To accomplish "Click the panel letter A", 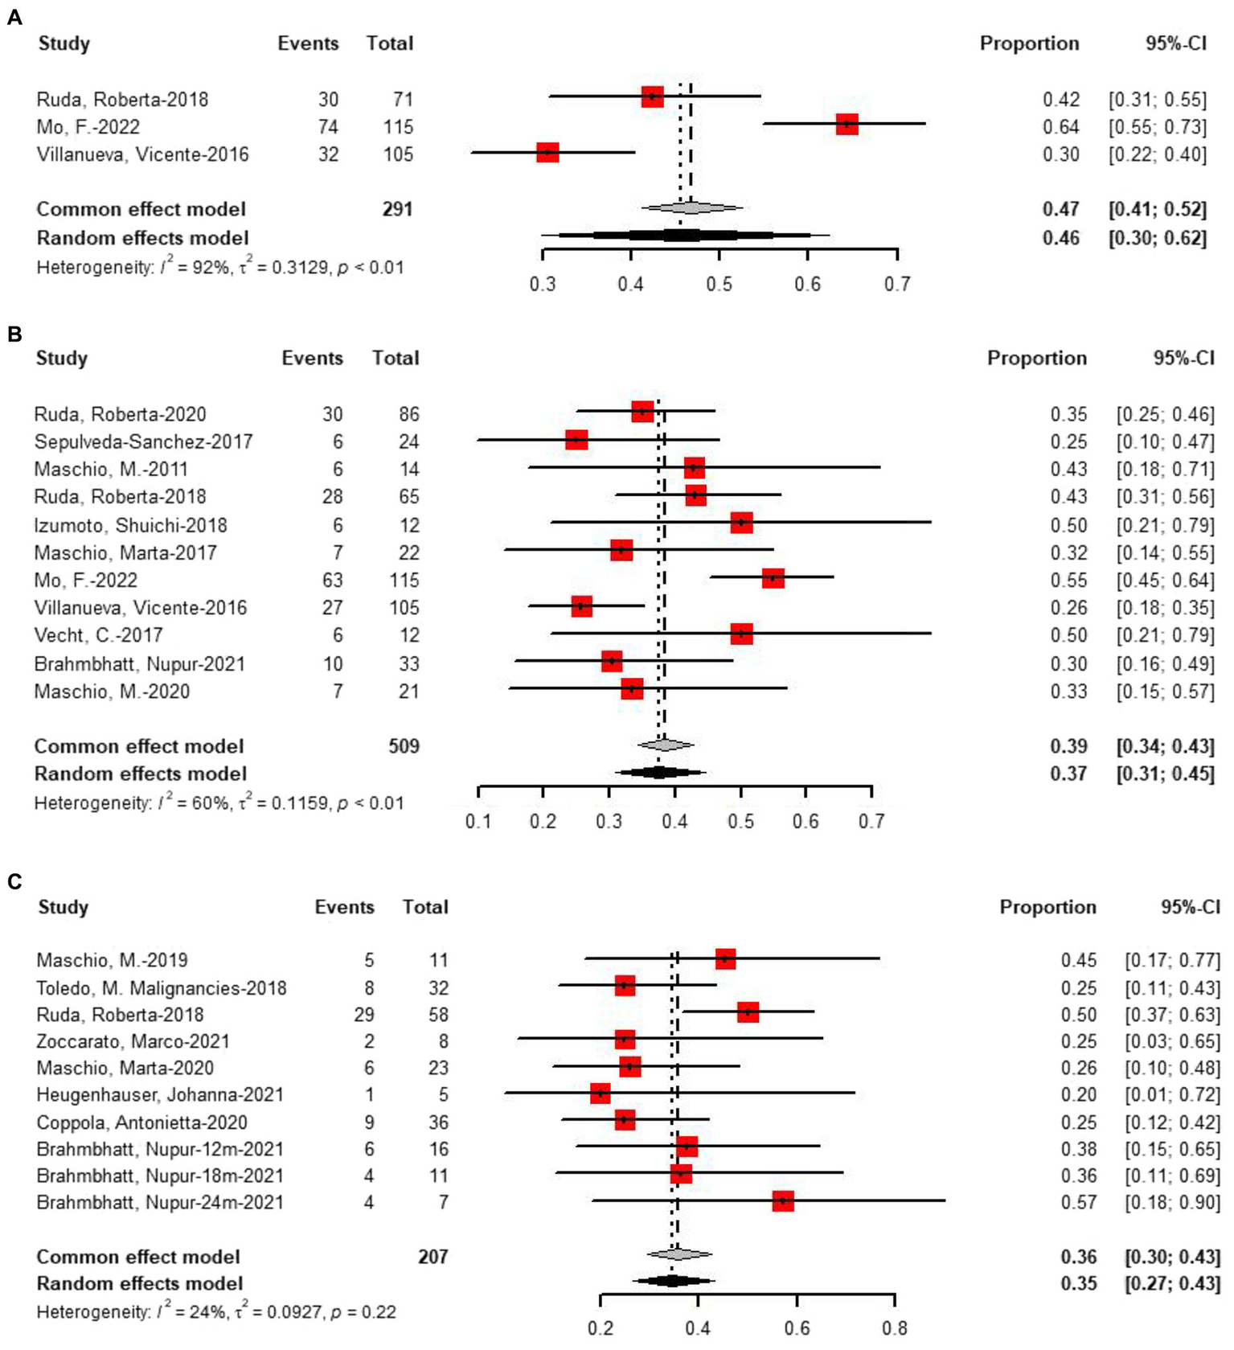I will click(14, 17).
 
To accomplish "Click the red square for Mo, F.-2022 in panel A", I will click(847, 125).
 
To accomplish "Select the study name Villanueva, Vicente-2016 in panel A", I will click(142, 154).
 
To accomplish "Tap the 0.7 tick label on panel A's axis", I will click(897, 285).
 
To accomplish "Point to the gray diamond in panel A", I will click(691, 208).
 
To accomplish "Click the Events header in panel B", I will click(312, 359).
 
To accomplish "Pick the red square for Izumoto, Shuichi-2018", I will click(741, 523).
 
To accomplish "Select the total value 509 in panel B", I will click(404, 746).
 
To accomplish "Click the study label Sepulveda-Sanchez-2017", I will click(143, 441).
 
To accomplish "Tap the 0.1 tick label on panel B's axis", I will click(478, 821).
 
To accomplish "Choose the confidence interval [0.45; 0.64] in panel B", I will click(1165, 580).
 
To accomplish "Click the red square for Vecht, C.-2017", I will click(741, 634).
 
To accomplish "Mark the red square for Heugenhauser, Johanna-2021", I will click(600, 1094).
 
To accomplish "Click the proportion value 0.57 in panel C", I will click(1078, 1202).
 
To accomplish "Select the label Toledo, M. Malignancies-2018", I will click(161, 987).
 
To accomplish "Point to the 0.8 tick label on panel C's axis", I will click(894, 1327).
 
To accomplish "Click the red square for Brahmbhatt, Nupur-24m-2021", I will click(782, 1201).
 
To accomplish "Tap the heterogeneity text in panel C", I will click(215, 1312).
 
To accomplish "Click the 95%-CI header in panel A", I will click(1175, 43).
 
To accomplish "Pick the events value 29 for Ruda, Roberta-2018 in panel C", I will click(364, 1015).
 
